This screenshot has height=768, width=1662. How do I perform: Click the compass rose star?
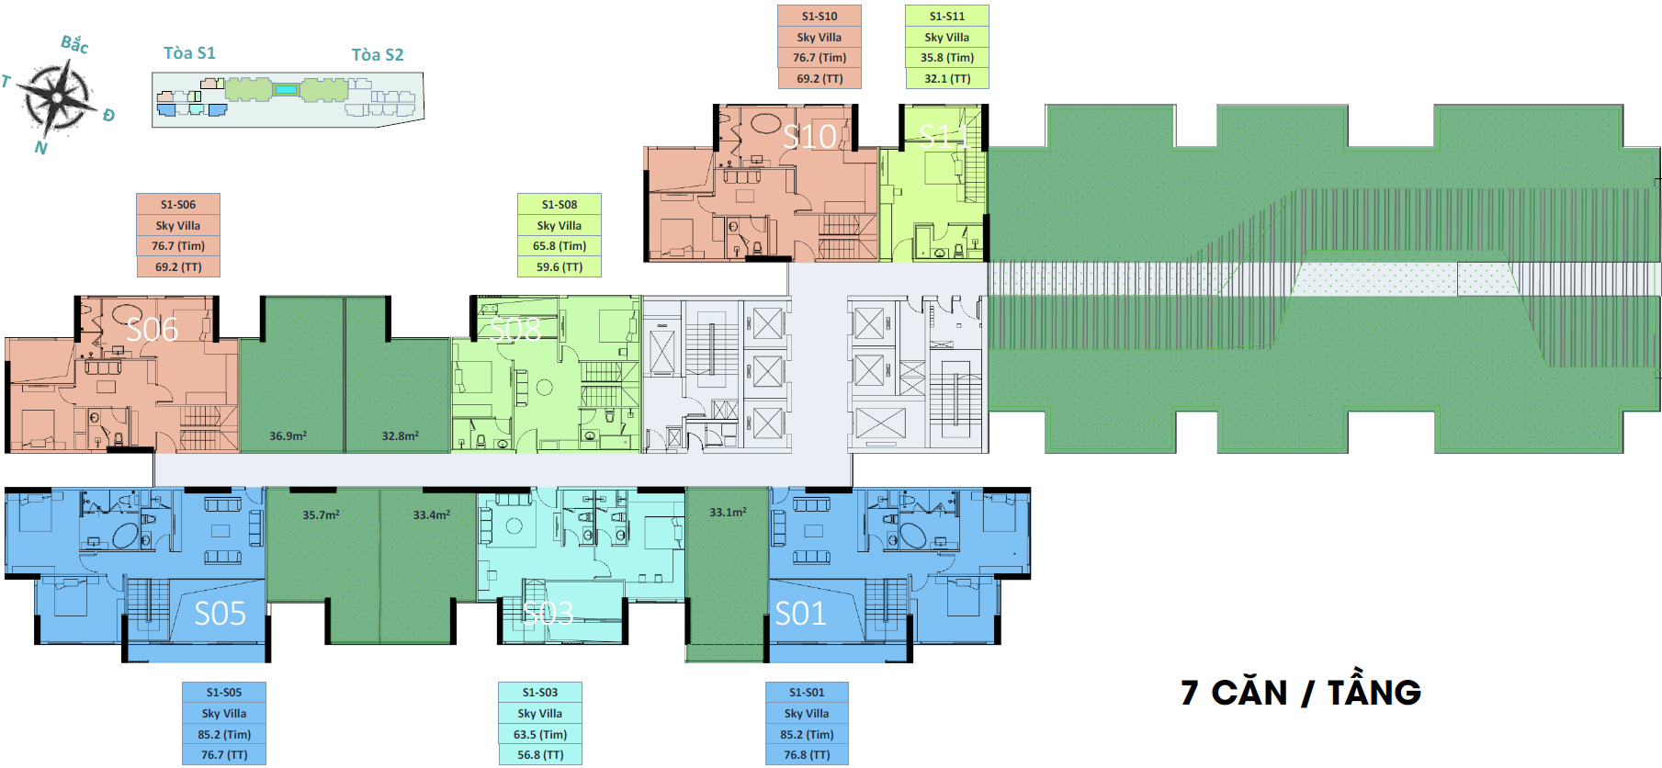pos(59,96)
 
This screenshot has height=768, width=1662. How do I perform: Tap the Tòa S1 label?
pos(189,53)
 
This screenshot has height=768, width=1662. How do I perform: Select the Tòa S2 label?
pos(378,55)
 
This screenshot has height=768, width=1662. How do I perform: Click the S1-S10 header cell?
pos(820,16)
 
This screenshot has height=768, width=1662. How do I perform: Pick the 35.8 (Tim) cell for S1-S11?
pos(947,58)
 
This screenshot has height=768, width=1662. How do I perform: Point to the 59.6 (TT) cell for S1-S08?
pos(560,267)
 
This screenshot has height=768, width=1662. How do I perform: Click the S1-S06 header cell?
pos(178,204)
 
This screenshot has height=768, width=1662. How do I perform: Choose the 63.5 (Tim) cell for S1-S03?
pos(540,735)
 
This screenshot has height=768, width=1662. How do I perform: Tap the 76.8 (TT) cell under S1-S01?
pos(807,755)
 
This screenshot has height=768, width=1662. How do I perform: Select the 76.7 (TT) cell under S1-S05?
pos(224,755)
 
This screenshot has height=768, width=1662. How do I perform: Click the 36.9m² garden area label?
pos(288,436)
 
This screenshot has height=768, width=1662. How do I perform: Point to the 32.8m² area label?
pos(401,436)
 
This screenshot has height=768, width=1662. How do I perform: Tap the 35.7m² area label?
pos(321,515)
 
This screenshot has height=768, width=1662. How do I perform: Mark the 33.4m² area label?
pos(431,515)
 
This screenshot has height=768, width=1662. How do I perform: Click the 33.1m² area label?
pos(728,513)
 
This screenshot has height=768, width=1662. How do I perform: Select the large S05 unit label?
pos(220,614)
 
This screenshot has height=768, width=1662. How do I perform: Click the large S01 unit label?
pos(800,614)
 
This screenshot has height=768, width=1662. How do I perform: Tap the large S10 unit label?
pos(809,137)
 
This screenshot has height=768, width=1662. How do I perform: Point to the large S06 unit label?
pos(152,330)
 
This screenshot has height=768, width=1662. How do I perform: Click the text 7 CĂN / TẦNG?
pos(1301,693)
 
